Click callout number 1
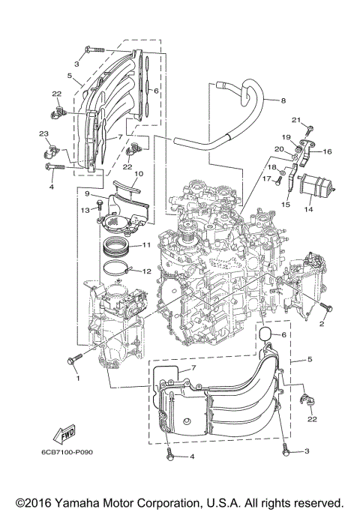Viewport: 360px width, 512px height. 76,378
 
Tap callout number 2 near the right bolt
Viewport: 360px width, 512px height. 322,324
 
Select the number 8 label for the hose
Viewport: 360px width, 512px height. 283,100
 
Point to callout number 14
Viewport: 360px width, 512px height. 308,211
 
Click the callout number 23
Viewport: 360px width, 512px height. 43,133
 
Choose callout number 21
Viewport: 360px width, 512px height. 295,120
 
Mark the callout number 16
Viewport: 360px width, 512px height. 328,151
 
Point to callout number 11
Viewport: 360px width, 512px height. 146,245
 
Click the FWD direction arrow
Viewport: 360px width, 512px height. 63,435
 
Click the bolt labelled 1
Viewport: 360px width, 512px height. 72,362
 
